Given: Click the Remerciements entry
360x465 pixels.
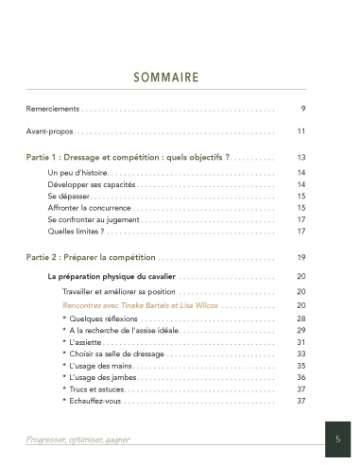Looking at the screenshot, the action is coord(53,109).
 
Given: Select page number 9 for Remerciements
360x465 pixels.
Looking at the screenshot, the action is coord(302,109).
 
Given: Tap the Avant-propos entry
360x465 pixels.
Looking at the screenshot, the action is coord(50,131).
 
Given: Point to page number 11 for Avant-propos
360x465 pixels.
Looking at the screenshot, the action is coord(300,131).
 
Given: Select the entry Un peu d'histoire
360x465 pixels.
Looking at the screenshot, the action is coord(78,173).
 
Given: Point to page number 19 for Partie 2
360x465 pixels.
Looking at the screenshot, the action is coord(300,256).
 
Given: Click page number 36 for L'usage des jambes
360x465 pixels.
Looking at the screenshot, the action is coord(300,377).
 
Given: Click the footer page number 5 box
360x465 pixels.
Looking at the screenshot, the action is coord(337,439).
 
